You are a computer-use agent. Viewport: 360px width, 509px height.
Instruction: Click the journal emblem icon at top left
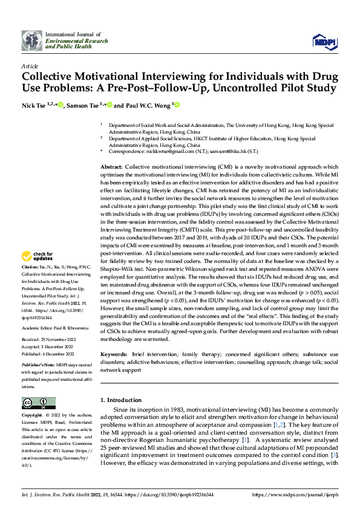[32, 41]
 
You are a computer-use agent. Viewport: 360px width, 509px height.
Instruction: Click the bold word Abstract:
[111, 166]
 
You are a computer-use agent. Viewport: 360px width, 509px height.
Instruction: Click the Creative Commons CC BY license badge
[39, 404]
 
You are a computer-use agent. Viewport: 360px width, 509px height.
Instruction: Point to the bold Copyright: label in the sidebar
[31, 416]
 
